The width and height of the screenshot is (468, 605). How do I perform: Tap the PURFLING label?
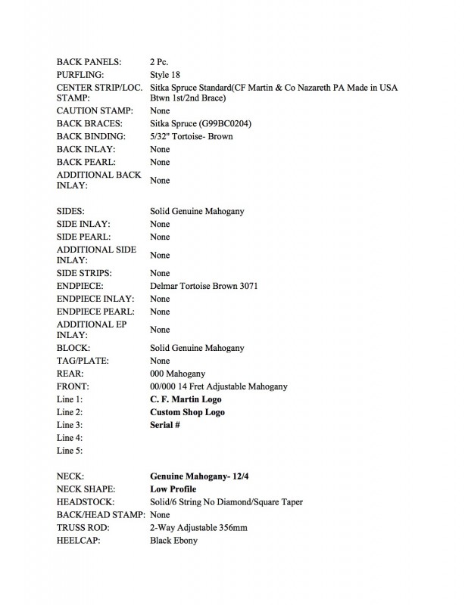click(83, 73)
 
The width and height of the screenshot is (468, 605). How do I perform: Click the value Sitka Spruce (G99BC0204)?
click(201, 123)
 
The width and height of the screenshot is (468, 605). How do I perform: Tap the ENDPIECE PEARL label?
click(95, 312)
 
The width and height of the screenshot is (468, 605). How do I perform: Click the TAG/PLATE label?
click(83, 361)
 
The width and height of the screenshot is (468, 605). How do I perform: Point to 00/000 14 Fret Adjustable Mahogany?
click(219, 386)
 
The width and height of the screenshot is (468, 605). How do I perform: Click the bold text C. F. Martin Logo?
click(186, 399)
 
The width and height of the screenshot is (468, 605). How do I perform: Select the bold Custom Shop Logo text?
click(188, 412)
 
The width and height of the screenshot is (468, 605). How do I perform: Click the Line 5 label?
click(70, 451)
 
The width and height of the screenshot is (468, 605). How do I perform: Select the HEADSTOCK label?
click(86, 502)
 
